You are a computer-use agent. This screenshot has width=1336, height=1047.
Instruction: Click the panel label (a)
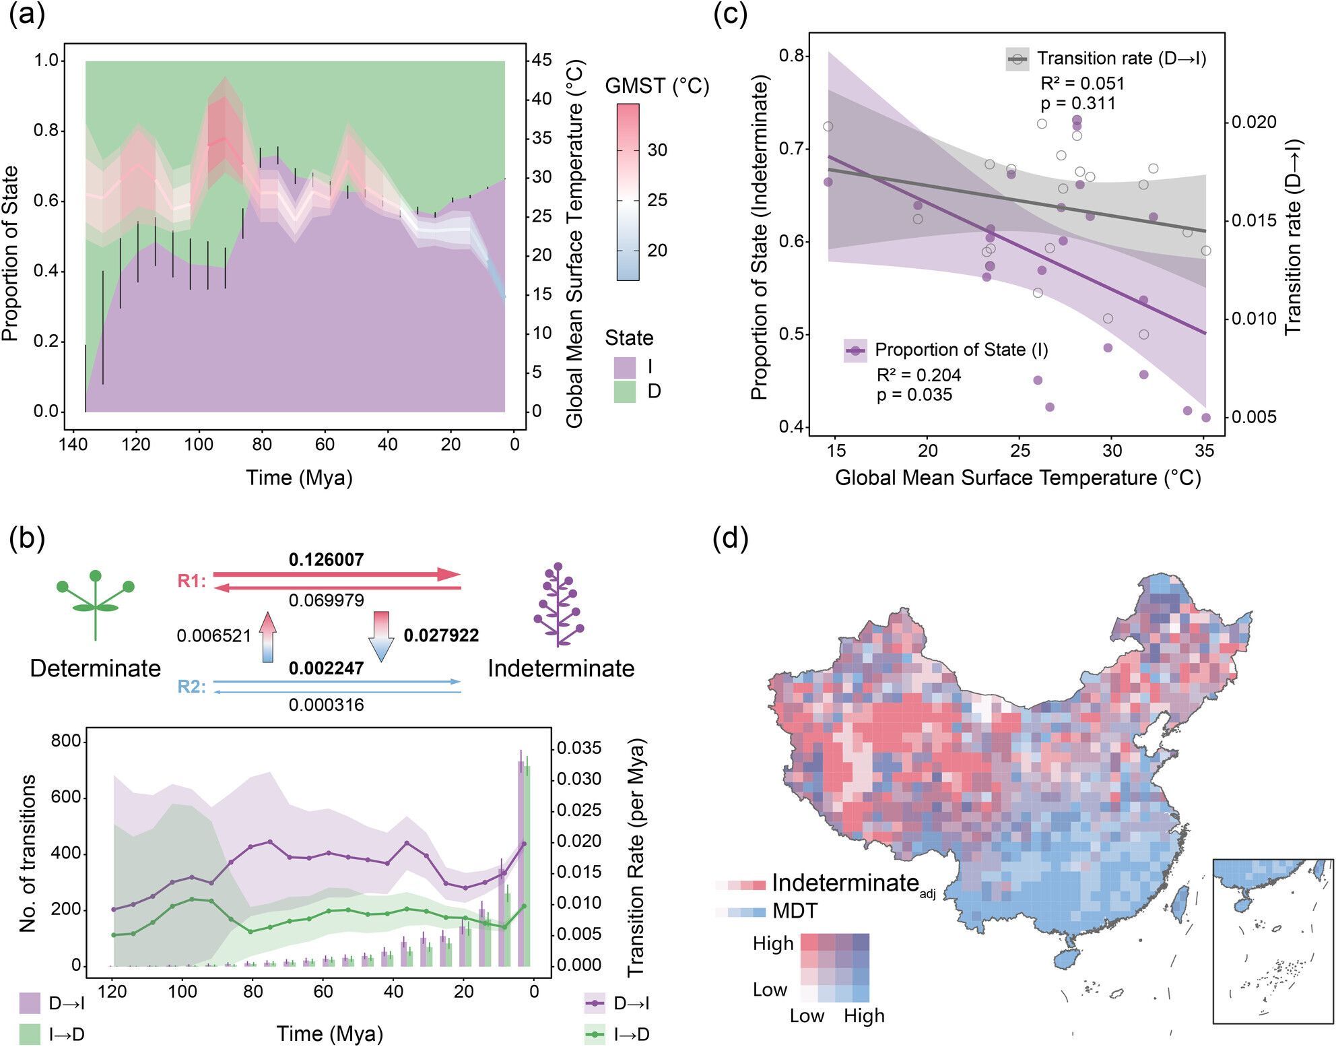[x=27, y=15]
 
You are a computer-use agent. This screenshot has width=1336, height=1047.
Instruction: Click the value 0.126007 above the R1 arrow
[x=326, y=560]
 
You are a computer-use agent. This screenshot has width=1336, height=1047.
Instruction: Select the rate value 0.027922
[x=441, y=635]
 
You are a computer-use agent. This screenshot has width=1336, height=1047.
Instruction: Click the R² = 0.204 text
[x=918, y=375]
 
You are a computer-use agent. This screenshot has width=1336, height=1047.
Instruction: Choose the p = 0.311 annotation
[x=1078, y=104]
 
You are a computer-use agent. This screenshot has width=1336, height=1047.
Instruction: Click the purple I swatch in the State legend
[x=625, y=368]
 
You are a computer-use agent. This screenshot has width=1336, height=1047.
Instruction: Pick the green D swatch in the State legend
[x=625, y=391]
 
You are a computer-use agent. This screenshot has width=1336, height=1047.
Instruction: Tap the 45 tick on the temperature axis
[x=541, y=60]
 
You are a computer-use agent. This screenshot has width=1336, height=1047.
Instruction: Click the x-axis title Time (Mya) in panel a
[x=299, y=478]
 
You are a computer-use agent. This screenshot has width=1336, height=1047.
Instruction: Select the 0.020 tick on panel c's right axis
[x=1254, y=122]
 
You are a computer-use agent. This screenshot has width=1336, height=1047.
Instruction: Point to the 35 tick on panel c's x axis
[x=1204, y=451]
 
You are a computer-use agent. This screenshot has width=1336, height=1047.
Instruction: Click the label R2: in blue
[x=192, y=687]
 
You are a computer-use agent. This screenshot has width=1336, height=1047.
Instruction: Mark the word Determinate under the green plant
[x=95, y=668]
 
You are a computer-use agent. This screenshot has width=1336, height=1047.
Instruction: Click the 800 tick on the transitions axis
[x=65, y=742]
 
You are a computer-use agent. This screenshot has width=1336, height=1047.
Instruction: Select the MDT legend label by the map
[x=795, y=912]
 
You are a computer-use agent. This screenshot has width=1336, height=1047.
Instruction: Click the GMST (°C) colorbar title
[x=657, y=87]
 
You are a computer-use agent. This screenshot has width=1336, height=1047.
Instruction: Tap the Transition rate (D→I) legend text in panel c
[x=1121, y=59]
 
